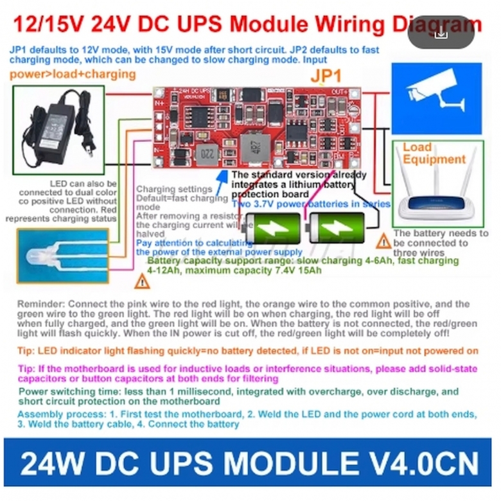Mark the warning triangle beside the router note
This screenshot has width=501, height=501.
click(x=384, y=242)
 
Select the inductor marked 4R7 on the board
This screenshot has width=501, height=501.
click(x=254, y=145)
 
